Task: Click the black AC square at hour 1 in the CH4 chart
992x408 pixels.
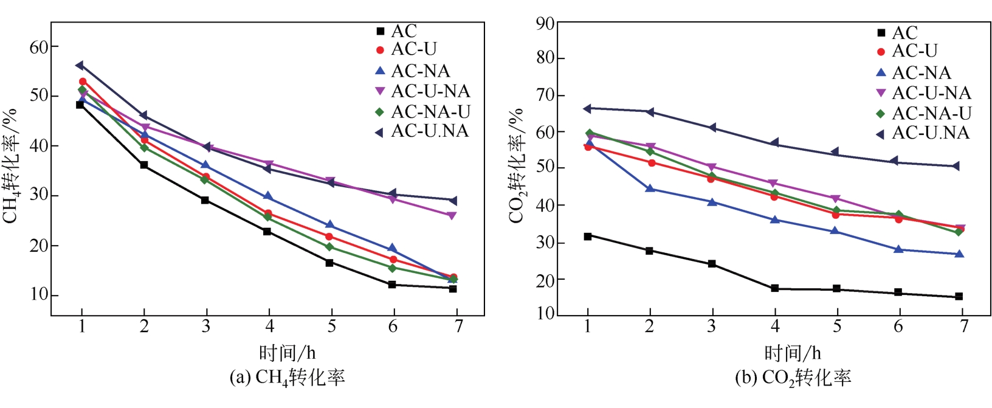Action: click(x=80, y=105)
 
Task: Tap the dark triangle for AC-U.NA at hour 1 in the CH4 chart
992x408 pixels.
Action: click(x=80, y=65)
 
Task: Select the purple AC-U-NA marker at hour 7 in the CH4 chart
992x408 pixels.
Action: click(x=452, y=216)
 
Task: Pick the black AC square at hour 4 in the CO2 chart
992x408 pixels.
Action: click(x=774, y=288)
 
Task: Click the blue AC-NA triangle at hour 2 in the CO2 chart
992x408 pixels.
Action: click(x=650, y=188)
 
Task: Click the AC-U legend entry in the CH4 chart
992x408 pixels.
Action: click(x=413, y=49)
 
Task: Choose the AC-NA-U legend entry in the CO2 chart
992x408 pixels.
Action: click(x=931, y=114)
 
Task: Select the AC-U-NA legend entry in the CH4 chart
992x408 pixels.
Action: click(x=430, y=91)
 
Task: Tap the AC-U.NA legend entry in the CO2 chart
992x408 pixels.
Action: click(x=930, y=133)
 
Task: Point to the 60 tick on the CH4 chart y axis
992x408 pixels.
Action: click(x=39, y=47)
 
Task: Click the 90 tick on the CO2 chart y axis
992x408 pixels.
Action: click(x=545, y=24)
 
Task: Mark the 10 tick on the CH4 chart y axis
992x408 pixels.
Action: click(x=39, y=295)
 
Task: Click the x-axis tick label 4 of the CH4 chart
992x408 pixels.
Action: click(x=269, y=327)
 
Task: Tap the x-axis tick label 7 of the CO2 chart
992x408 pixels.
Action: click(x=963, y=327)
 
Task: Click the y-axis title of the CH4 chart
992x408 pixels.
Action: click(x=11, y=165)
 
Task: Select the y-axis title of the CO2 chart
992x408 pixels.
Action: click(x=516, y=165)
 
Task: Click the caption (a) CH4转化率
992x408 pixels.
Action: click(x=287, y=378)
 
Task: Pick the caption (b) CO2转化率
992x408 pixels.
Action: click(x=793, y=378)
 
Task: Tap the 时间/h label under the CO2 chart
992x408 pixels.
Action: click(x=792, y=353)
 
